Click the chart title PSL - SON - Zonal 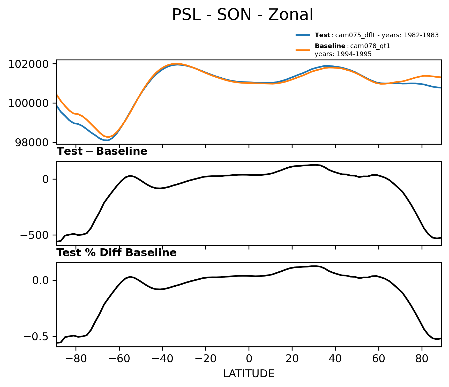[242, 15]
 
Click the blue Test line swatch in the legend [303, 35]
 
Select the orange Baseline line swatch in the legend [303, 50]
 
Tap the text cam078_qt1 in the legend [370, 46]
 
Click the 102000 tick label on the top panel [28, 64]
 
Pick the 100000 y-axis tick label [28, 103]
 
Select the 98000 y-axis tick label [32, 143]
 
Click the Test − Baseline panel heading [102, 151]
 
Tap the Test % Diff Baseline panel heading [116, 253]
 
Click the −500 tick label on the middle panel [35, 235]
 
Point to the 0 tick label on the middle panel [46, 179]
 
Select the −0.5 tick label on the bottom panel [36, 336]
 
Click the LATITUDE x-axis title [249, 374]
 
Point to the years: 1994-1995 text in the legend [343, 54]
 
